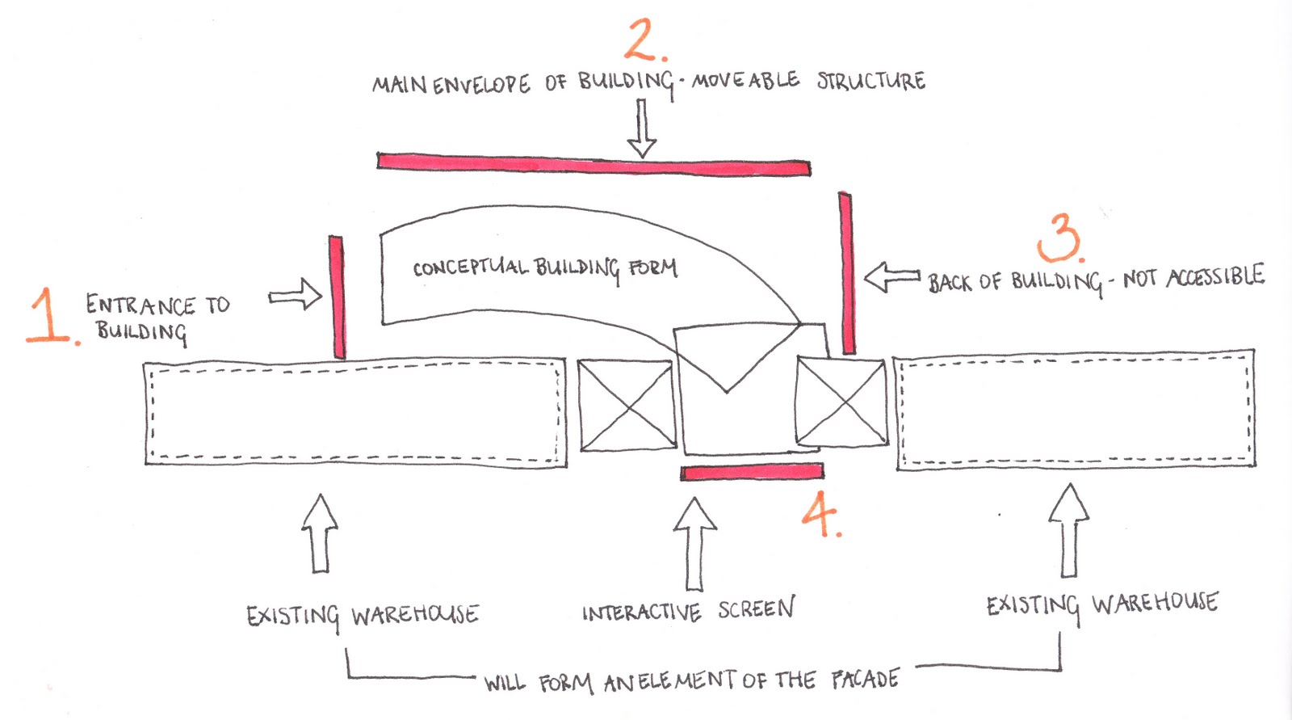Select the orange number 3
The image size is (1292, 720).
(x=1060, y=238)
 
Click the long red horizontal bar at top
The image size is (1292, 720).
(x=594, y=165)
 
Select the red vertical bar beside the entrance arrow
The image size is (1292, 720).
(x=337, y=297)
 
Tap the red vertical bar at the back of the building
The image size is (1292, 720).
(x=846, y=273)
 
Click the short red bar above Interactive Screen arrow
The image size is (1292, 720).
(x=752, y=472)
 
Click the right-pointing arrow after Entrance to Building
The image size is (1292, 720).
(x=296, y=295)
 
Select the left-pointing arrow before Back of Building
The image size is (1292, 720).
(x=891, y=277)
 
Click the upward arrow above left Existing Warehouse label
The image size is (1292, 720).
(x=320, y=533)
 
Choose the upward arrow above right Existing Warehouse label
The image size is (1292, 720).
(x=1069, y=530)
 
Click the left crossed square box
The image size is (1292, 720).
(x=627, y=406)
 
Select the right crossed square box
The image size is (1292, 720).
(x=841, y=402)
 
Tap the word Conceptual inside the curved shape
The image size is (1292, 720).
(x=470, y=267)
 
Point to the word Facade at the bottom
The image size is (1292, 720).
(x=865, y=678)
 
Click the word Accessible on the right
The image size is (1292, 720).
(x=1214, y=276)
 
